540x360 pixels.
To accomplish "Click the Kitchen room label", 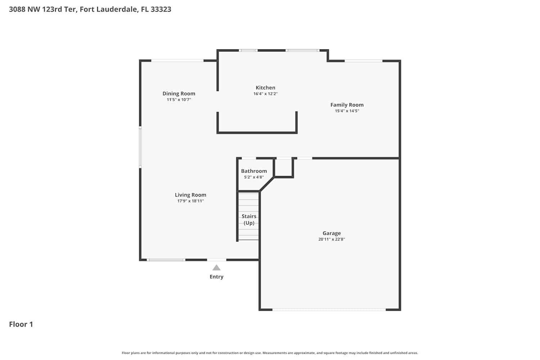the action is (x=265, y=87).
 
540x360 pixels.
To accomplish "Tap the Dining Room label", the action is (x=179, y=94).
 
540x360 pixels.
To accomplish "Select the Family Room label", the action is (x=347, y=105).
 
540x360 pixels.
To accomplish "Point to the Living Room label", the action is (x=190, y=195).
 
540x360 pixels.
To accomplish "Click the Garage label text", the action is (x=332, y=233).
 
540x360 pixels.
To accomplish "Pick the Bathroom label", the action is (x=254, y=171).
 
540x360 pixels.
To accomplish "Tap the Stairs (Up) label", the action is (x=249, y=220).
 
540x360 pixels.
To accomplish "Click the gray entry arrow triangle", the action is (x=216, y=267).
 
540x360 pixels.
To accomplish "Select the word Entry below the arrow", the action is (x=216, y=276).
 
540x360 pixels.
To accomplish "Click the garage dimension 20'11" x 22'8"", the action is (x=332, y=239).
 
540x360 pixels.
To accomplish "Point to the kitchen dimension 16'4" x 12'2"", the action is (x=265, y=94).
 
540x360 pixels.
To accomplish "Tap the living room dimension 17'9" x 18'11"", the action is (x=190, y=201).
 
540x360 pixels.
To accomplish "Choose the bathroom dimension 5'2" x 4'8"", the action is (x=254, y=177).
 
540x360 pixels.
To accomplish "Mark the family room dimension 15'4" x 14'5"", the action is (x=347, y=111).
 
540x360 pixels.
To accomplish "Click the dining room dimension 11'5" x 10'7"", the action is (x=179, y=100).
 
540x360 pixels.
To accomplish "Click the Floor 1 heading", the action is (x=21, y=324).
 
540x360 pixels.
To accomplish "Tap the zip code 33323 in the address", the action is (x=161, y=9).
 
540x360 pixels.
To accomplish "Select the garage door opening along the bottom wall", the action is (x=329, y=310).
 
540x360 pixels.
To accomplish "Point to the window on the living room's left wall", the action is (x=140, y=147).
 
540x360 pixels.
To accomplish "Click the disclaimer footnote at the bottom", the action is (x=270, y=353).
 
